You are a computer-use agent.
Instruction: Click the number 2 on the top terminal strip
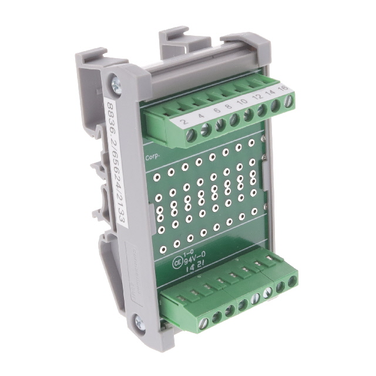[x=184, y=122]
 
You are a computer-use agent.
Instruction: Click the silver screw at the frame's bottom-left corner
[x=139, y=321]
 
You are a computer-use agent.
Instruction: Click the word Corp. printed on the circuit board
[x=152, y=158]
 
